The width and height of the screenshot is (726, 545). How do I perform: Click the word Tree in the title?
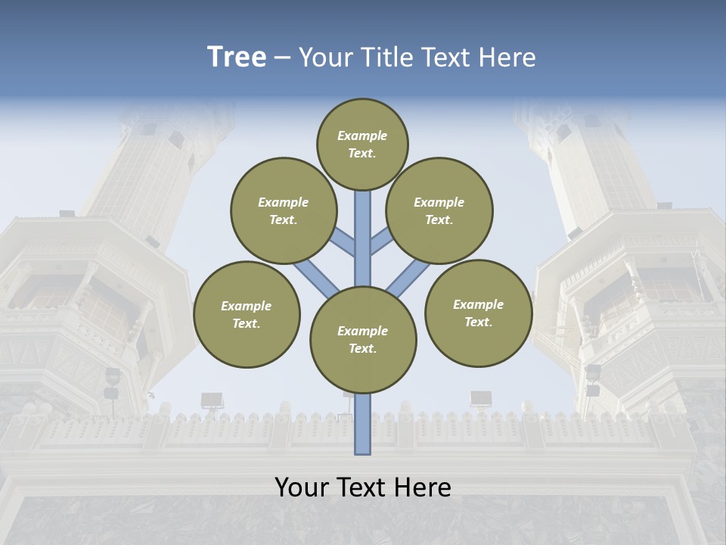tap(237, 58)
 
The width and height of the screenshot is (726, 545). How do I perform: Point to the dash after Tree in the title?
tap(283, 58)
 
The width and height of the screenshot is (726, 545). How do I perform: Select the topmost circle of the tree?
tap(362, 144)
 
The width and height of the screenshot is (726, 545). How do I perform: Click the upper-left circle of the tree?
tap(284, 210)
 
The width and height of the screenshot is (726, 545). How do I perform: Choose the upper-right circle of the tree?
tap(439, 210)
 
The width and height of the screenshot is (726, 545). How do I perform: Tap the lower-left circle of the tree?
tap(247, 314)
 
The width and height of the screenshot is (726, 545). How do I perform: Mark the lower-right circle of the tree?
tap(478, 313)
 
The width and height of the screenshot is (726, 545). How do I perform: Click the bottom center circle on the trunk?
tap(363, 339)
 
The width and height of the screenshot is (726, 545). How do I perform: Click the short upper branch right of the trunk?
tap(381, 240)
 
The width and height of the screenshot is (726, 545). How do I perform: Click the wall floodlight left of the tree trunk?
tap(212, 399)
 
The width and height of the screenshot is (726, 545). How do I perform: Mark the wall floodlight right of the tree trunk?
tap(481, 398)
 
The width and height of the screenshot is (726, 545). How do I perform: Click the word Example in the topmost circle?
tap(362, 135)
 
